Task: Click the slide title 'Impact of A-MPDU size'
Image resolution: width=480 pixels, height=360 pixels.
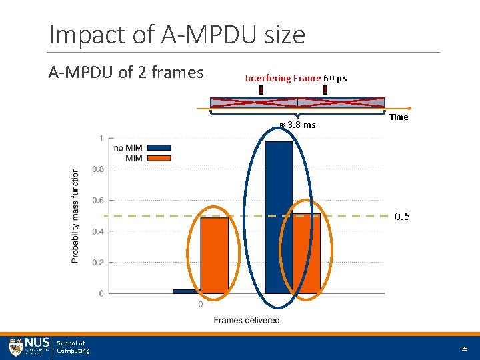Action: pyautogui.click(x=177, y=34)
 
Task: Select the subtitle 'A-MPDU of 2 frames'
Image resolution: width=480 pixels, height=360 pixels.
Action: pyautogui.click(x=126, y=73)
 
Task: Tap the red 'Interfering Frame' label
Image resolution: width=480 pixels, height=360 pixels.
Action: pyautogui.click(x=283, y=78)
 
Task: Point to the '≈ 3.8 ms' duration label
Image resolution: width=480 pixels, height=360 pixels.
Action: pyautogui.click(x=297, y=125)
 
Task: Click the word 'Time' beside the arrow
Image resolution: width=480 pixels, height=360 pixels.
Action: pyautogui.click(x=399, y=117)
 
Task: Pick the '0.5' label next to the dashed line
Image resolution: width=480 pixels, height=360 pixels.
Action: pyautogui.click(x=402, y=217)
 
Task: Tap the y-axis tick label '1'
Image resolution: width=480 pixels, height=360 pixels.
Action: pyautogui.click(x=101, y=139)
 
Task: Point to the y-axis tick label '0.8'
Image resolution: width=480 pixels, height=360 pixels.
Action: pyautogui.click(x=97, y=169)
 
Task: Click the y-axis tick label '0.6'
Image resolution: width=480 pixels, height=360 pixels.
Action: pyautogui.click(x=97, y=201)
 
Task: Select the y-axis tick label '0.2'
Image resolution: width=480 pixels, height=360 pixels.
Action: pyautogui.click(x=97, y=263)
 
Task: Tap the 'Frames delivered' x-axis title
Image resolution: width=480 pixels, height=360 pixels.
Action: pyautogui.click(x=247, y=320)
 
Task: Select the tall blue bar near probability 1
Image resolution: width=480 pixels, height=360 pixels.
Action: pyautogui.click(x=279, y=217)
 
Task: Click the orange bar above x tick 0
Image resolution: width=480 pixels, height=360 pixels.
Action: pyautogui.click(x=215, y=255)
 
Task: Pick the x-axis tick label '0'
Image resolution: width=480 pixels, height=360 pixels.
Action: pyautogui.click(x=201, y=305)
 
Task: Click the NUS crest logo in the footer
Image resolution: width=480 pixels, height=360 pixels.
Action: pyautogui.click(x=16, y=347)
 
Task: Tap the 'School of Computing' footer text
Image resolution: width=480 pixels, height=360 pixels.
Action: pyautogui.click(x=73, y=347)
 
